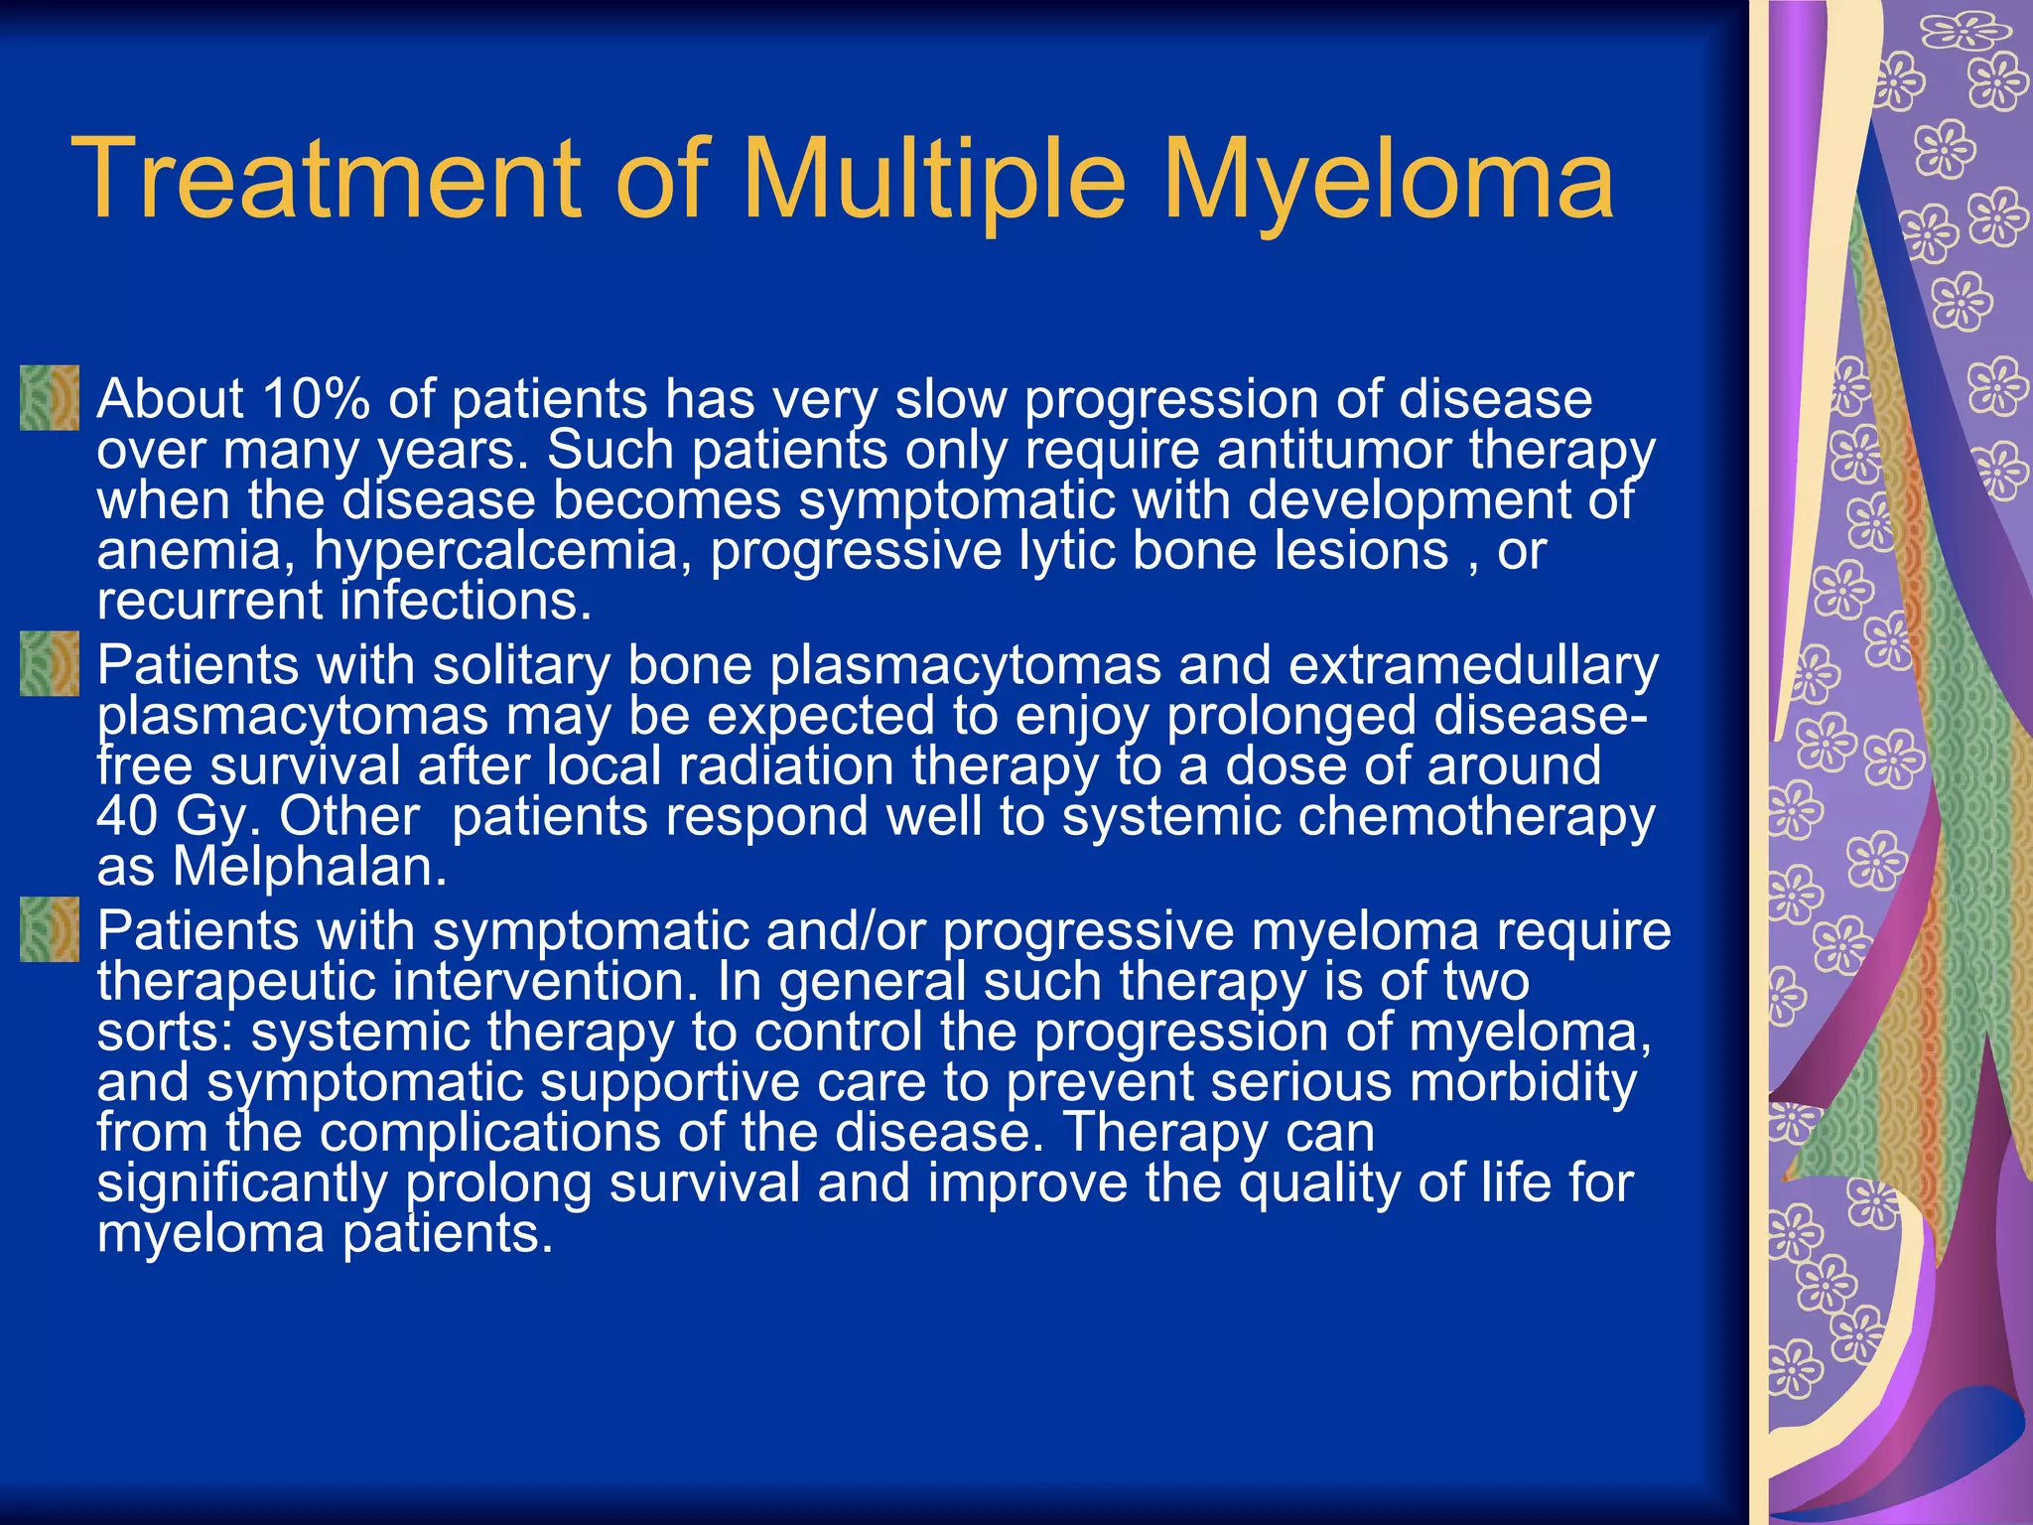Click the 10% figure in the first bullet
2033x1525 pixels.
click(316, 399)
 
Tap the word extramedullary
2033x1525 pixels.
click(1473, 665)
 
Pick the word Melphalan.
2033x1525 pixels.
click(310, 868)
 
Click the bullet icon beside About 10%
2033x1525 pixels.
click(49, 398)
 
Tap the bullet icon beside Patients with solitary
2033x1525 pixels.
click(49, 663)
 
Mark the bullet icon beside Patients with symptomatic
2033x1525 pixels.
click(49, 929)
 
